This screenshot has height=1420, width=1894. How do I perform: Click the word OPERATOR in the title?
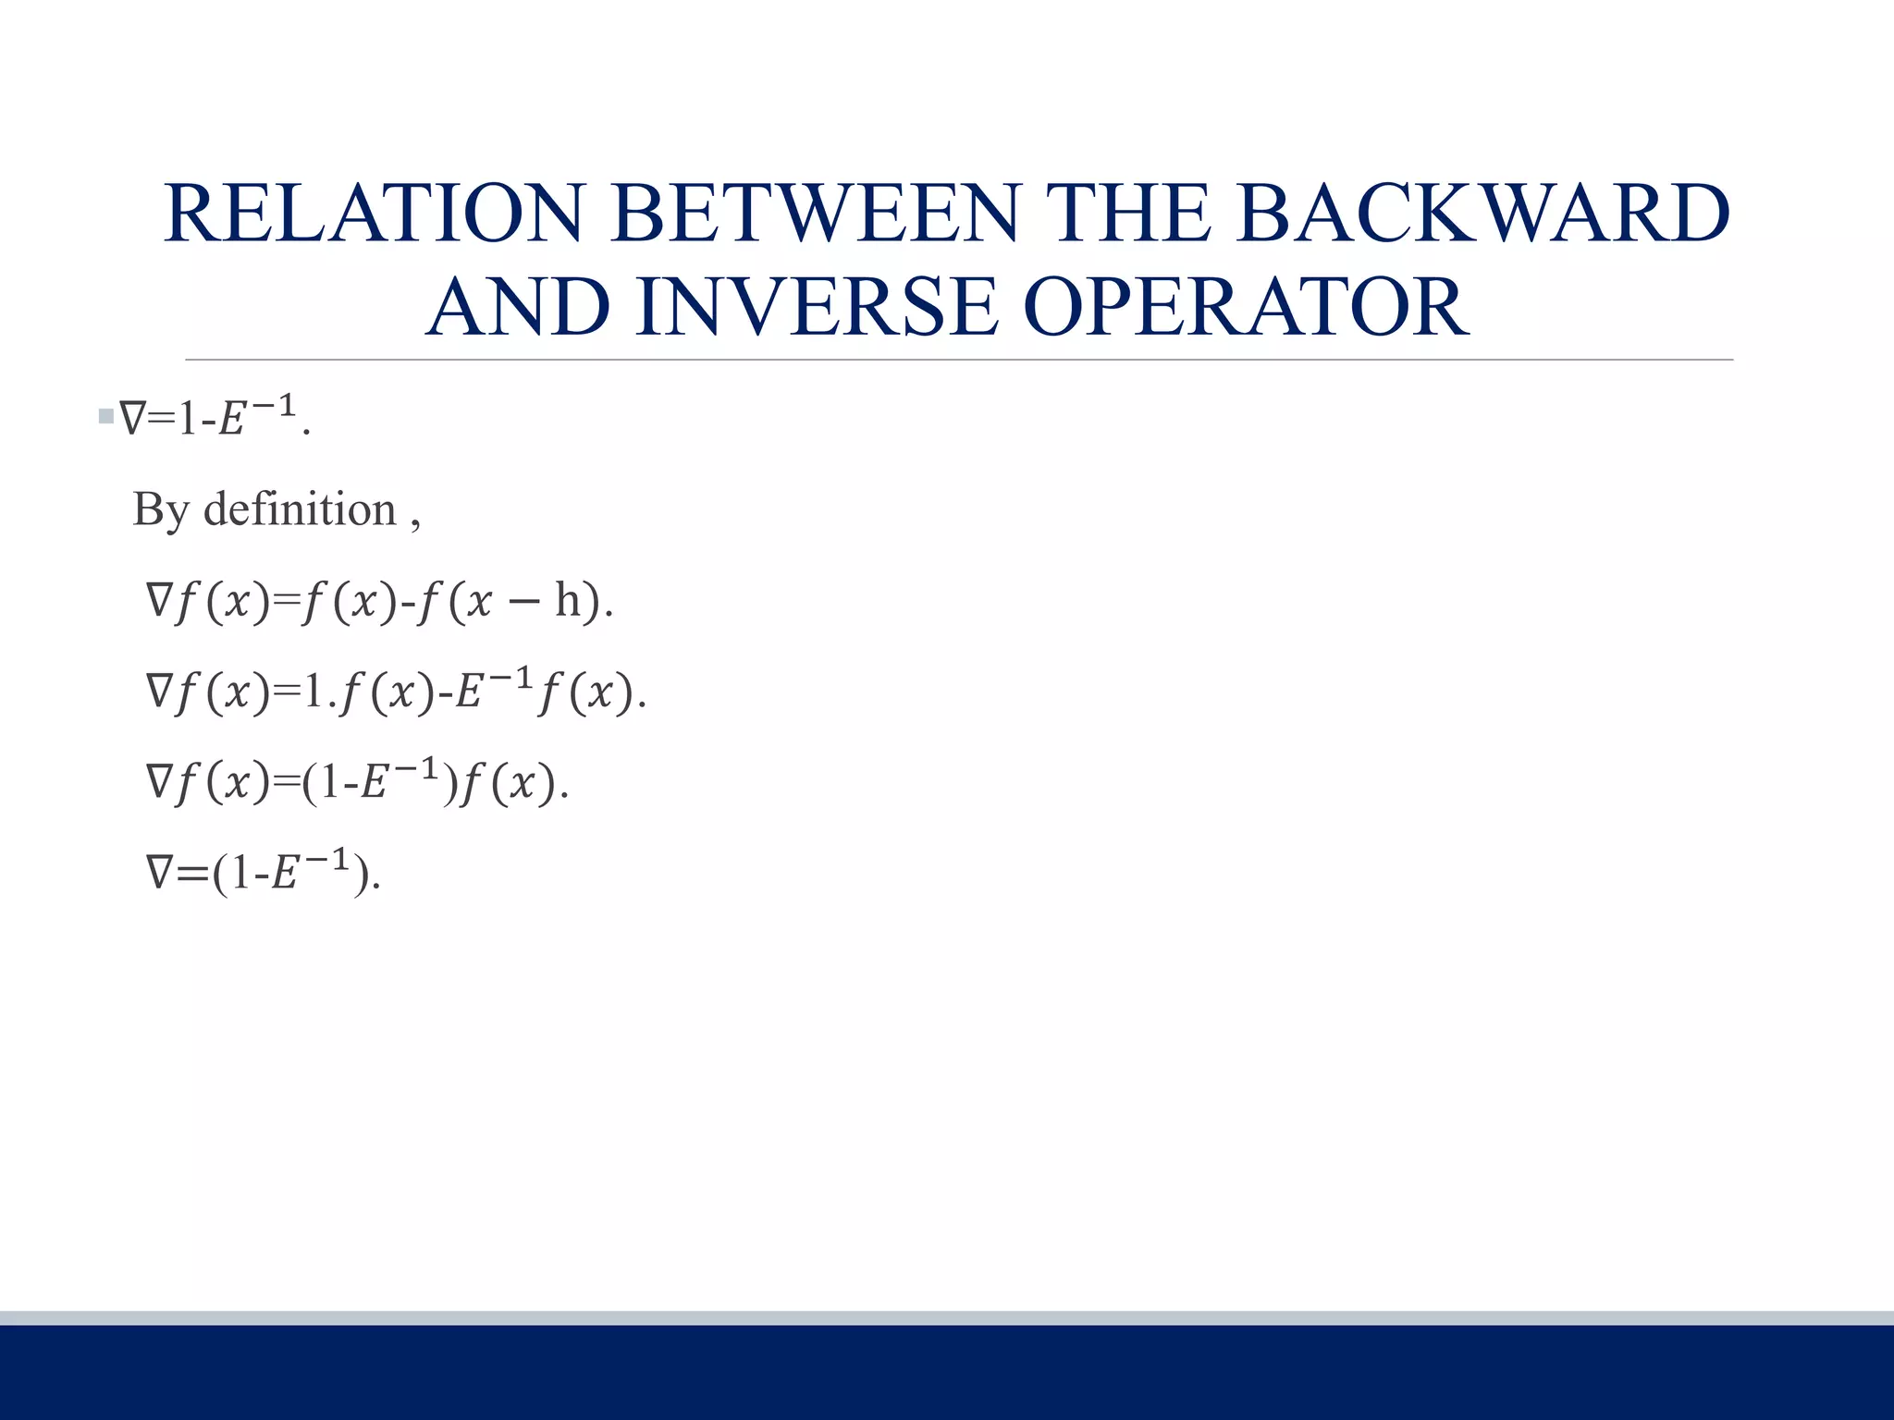click(1246, 307)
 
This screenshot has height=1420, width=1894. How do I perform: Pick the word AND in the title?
click(519, 307)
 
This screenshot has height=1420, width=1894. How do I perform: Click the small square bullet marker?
click(105, 417)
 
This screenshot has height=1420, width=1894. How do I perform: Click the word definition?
click(300, 509)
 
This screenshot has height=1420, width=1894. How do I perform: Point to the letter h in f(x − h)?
click(568, 601)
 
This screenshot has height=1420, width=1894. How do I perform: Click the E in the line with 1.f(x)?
click(469, 693)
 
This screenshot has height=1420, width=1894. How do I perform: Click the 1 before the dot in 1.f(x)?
click(314, 692)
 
